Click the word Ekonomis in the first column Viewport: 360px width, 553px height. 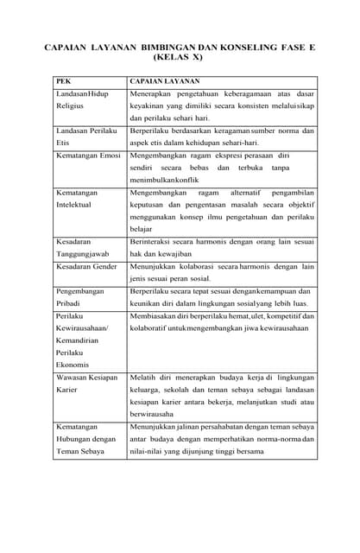point(73,365)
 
